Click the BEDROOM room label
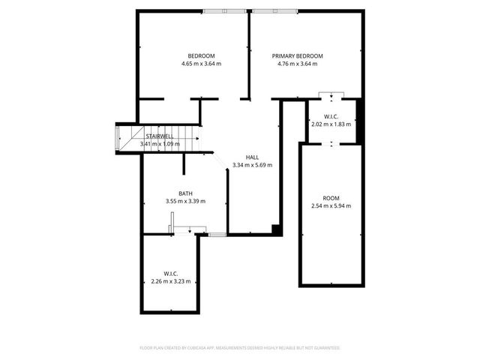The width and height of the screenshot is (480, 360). [x=201, y=56]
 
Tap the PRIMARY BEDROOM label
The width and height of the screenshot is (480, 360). [x=298, y=56]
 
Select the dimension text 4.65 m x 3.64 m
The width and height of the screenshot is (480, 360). [x=201, y=64]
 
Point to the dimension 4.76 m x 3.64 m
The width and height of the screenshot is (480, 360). [x=298, y=64]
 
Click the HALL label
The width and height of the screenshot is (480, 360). [x=252, y=157]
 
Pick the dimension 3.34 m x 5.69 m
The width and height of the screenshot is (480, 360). [x=252, y=165]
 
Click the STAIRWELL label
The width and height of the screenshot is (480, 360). [x=160, y=136]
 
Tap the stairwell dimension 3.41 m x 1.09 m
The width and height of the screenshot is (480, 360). [x=160, y=143]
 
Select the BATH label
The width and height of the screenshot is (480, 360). [x=185, y=193]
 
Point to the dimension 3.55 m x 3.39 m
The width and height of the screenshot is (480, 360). [x=185, y=201]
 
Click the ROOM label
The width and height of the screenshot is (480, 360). [x=331, y=198]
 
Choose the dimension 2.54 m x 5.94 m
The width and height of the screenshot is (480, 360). [x=331, y=205]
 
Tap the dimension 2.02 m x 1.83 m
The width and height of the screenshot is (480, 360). [x=331, y=124]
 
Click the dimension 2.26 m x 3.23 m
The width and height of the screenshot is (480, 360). [x=171, y=281]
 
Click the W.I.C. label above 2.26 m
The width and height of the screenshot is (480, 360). [x=171, y=274]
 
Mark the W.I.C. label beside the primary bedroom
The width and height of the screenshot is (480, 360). [x=331, y=116]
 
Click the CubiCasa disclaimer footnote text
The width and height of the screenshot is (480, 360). [x=240, y=348]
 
